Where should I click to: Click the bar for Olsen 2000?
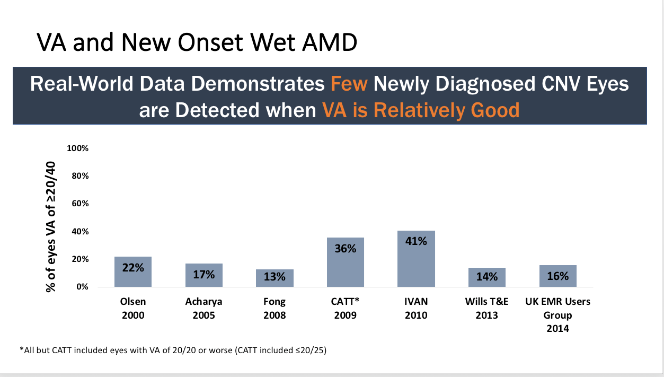(x=133, y=272)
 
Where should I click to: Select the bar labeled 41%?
(x=416, y=259)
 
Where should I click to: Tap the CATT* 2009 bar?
(x=346, y=262)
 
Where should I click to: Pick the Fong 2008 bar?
(x=275, y=278)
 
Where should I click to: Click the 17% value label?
(x=203, y=274)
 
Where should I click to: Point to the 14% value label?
(x=487, y=276)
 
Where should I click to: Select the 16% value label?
(x=558, y=276)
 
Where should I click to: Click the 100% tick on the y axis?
(x=77, y=148)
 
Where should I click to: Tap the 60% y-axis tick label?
(x=79, y=204)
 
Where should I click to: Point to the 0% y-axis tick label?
(x=82, y=287)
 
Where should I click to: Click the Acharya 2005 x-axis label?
(x=203, y=308)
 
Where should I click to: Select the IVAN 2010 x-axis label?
(x=416, y=308)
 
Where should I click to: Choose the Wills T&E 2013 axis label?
(x=487, y=308)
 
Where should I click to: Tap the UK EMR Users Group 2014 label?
(x=558, y=315)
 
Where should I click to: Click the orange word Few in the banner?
(x=349, y=84)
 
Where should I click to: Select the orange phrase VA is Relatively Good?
(x=420, y=110)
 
